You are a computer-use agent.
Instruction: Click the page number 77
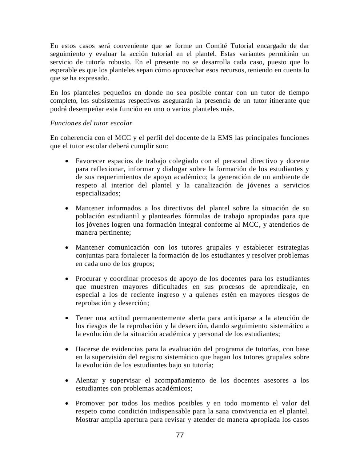pyautogui.click(x=180, y=435)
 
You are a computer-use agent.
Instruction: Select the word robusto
pyautogui.click(x=119, y=62)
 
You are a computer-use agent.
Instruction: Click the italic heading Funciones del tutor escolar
pyautogui.click(x=91, y=123)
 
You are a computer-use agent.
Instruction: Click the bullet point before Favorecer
pyautogui.click(x=67, y=161)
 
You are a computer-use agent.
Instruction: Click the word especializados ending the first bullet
pyautogui.click(x=97, y=193)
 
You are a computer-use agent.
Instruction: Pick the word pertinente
pyautogui.click(x=113, y=232)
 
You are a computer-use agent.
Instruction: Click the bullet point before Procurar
pyautogui.click(x=67, y=279)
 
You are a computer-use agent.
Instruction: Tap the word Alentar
pyautogui.click(x=87, y=380)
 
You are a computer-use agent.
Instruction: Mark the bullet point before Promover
pyautogui.click(x=67, y=404)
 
